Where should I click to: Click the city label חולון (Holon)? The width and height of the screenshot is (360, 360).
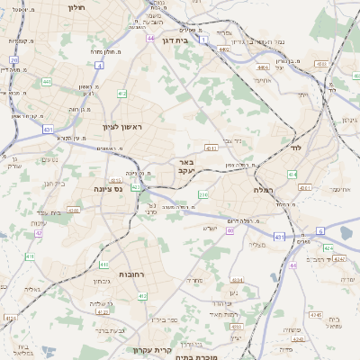click(76, 7)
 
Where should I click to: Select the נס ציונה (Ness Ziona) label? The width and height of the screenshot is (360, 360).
click(108, 190)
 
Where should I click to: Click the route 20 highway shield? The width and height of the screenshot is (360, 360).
click(14, 60)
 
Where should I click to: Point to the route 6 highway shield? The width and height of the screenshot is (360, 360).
click(319, 231)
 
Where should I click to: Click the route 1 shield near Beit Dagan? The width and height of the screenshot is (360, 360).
click(205, 40)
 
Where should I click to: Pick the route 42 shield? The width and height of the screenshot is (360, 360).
click(39, 233)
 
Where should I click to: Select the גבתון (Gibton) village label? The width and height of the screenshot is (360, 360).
click(101, 281)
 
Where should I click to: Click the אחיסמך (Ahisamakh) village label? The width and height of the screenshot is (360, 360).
click(339, 190)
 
